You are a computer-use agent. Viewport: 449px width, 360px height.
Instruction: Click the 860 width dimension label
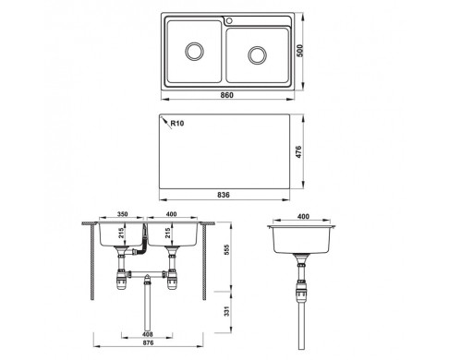coord(227,95)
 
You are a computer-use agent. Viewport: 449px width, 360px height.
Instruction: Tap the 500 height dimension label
coord(299,51)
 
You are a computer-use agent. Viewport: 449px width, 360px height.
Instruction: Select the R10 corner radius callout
coord(177,124)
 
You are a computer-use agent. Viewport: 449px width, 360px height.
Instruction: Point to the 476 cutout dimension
coord(298,152)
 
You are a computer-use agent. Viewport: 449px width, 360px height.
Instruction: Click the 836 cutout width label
coord(224,195)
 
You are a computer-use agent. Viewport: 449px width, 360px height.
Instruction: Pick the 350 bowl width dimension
coord(122,214)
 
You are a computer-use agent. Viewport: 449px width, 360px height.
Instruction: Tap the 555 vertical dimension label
coord(227,250)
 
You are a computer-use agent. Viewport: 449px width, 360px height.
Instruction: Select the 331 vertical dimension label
coord(227,311)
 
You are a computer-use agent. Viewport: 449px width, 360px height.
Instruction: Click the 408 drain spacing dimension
coord(148,334)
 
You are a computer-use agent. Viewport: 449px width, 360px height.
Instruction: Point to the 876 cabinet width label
coord(148,342)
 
